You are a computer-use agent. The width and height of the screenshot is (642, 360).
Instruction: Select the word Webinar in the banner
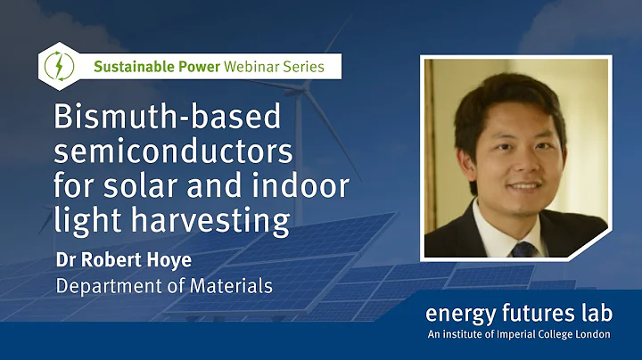[x=252, y=66]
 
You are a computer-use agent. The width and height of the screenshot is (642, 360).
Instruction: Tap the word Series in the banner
[x=311, y=66]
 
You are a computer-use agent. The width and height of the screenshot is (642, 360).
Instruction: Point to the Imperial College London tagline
[x=518, y=334]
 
